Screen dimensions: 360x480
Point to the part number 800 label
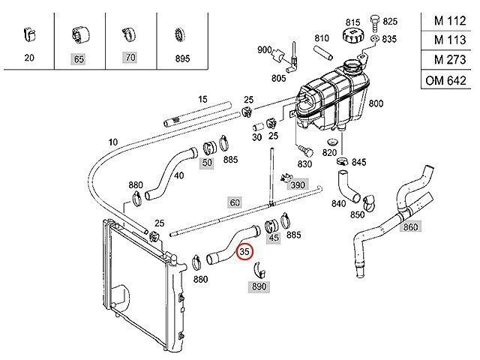(376, 103)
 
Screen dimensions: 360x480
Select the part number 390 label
(298, 184)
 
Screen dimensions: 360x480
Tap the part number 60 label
(235, 202)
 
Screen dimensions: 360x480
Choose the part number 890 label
(259, 286)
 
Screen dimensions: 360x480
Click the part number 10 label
(113, 142)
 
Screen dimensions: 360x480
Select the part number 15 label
(202, 99)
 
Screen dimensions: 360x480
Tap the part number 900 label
(264, 49)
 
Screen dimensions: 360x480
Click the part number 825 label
(390, 22)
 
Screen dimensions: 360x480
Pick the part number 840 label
(338, 202)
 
